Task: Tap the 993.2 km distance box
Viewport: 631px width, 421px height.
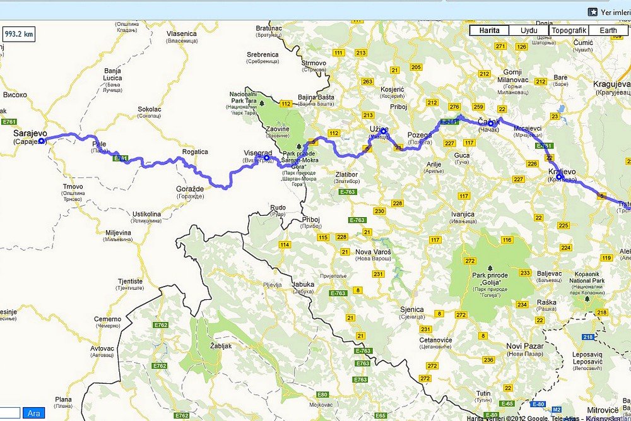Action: (x=19, y=34)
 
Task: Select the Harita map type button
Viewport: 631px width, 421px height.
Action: (x=489, y=30)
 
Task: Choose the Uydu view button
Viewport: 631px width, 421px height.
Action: (x=529, y=30)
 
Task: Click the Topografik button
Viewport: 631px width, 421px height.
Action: (x=569, y=30)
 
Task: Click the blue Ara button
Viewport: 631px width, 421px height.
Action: (x=33, y=413)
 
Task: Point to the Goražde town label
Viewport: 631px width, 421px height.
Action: (x=189, y=189)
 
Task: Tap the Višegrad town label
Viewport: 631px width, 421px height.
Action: (x=257, y=153)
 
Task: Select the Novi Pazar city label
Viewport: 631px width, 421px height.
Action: (x=523, y=345)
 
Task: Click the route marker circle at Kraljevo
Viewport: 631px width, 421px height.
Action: (x=560, y=177)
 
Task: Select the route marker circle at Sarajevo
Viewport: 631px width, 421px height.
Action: (x=42, y=141)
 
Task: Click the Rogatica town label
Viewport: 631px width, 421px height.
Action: (x=195, y=152)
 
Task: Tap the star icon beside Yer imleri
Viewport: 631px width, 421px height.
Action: (x=593, y=11)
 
